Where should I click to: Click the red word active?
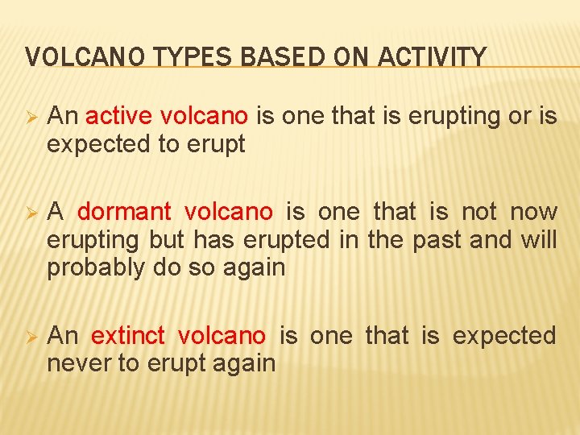tap(120, 117)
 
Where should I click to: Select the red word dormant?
tap(124, 213)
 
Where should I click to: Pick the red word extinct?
tap(128, 335)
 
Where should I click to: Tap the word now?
tap(534, 213)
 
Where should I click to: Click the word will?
tap(538, 240)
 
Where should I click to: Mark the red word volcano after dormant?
tap(229, 213)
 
